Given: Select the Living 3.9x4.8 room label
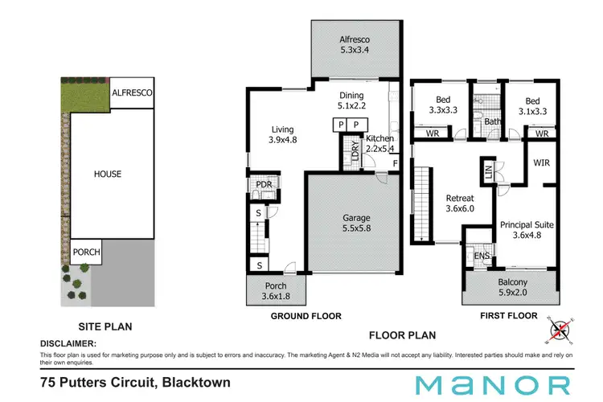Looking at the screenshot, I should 281,134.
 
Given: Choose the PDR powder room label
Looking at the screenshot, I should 262,186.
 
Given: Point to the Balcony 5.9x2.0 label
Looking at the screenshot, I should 512,287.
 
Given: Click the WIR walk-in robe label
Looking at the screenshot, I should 540,162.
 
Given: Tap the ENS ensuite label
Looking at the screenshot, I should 480,256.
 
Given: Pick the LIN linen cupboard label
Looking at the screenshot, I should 488,172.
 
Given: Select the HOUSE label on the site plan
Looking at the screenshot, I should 108,174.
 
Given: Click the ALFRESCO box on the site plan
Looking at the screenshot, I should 132,93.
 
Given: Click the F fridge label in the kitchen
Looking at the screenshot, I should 394,163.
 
